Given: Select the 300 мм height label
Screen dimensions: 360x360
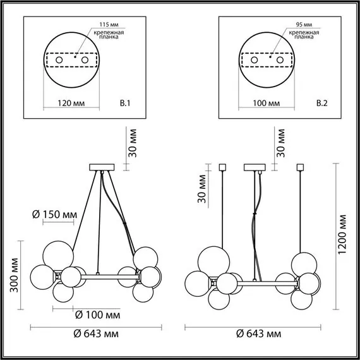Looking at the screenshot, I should pyautogui.click(x=9, y=275).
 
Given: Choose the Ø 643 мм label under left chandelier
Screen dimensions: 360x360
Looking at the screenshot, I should pyautogui.click(x=95, y=334).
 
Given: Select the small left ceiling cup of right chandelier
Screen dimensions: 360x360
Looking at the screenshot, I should pyautogui.click(x=222, y=167).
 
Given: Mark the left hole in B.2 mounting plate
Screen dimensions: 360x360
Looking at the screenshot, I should pyautogui.click(x=255, y=60).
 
